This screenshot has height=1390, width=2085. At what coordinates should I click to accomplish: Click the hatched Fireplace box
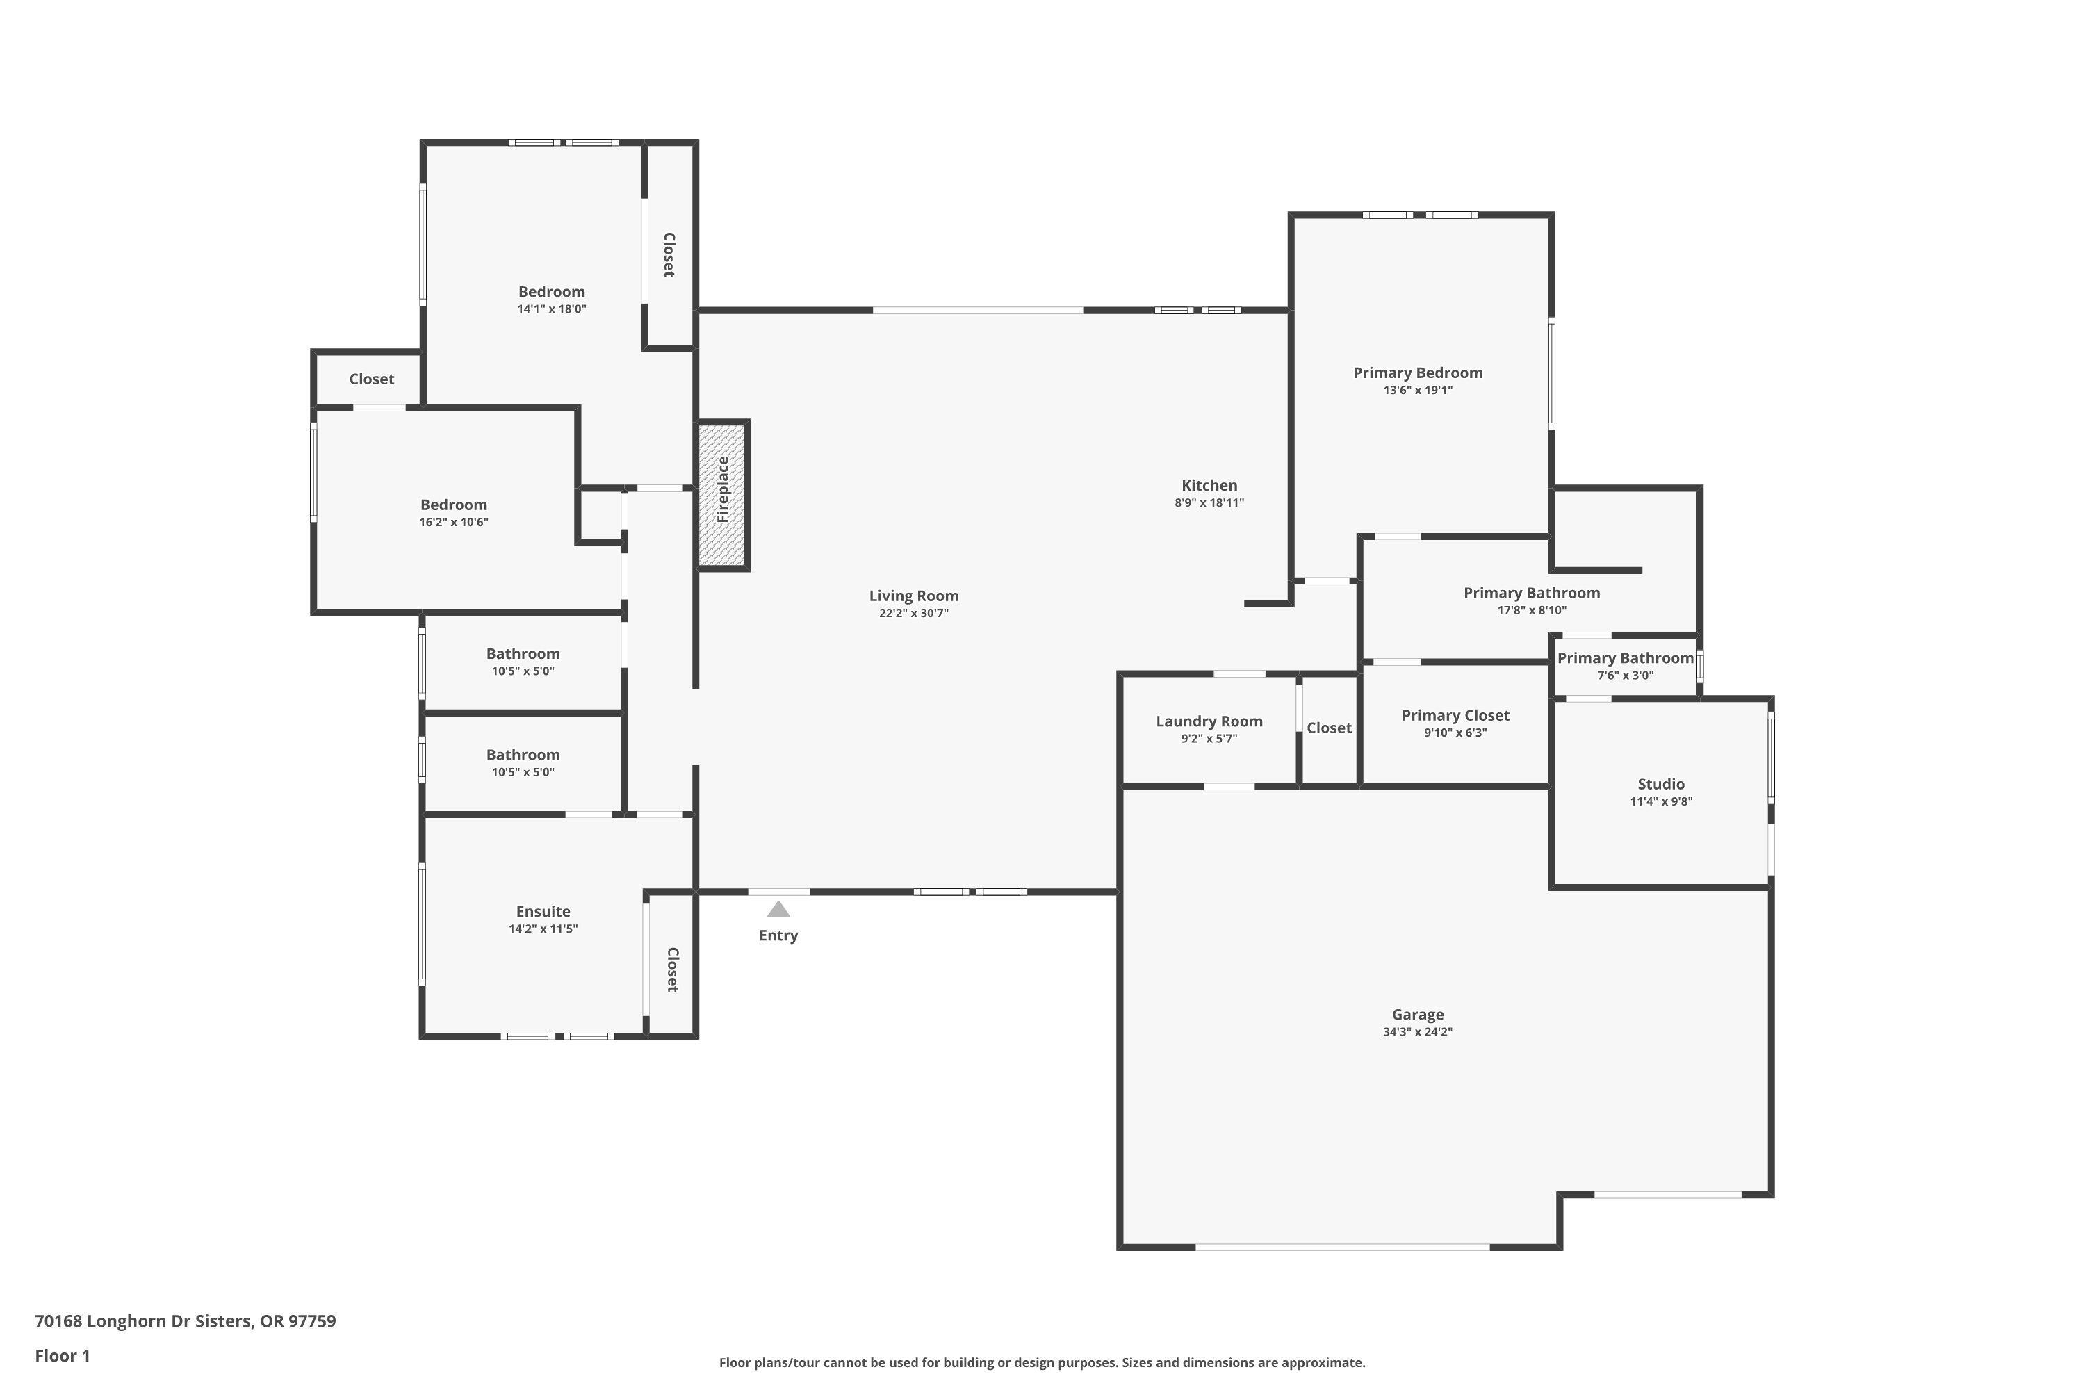(723, 495)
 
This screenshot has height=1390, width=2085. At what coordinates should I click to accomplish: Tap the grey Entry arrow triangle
(778, 910)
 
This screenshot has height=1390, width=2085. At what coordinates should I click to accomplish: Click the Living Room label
(913, 596)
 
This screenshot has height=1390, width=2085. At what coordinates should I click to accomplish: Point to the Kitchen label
(1209, 485)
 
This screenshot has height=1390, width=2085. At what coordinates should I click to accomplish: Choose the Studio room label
(1660, 784)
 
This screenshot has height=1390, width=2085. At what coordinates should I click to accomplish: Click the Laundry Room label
(1209, 721)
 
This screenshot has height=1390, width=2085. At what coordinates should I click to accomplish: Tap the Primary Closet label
(1455, 714)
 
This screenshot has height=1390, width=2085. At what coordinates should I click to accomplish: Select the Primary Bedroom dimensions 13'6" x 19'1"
(1418, 390)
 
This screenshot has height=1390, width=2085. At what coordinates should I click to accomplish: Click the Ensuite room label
(543, 911)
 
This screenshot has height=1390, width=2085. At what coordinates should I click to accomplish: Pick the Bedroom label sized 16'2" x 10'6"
(453, 505)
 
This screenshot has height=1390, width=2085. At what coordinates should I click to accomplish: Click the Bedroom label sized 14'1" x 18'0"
(551, 292)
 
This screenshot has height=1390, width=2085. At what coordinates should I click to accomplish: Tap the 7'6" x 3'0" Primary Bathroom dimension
(1625, 676)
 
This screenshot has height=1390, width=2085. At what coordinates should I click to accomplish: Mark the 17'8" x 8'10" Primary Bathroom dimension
(1531, 610)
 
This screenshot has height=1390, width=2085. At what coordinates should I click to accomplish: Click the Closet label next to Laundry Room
(1329, 728)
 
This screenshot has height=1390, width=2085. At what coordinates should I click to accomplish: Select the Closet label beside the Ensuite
(672, 969)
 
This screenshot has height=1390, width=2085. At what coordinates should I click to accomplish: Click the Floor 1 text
(62, 1355)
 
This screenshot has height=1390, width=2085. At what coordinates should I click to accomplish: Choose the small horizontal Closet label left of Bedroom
(371, 379)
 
